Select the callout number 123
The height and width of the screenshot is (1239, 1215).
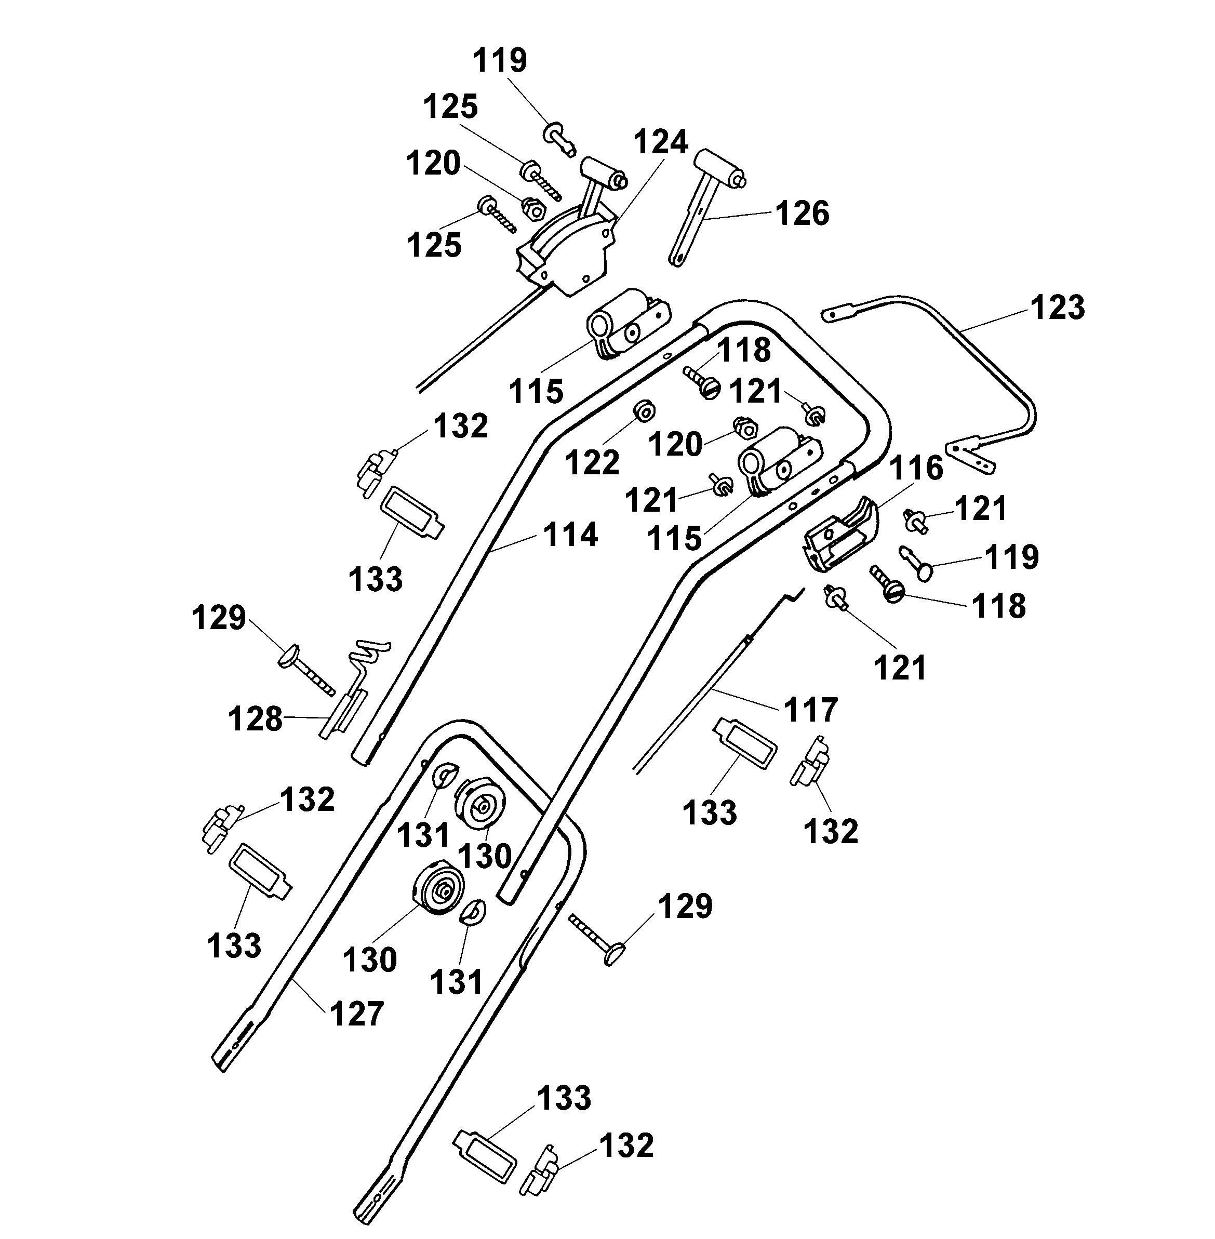[x=1058, y=307]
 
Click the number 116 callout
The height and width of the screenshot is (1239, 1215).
[x=916, y=469]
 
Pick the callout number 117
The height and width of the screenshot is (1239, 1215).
[x=811, y=710]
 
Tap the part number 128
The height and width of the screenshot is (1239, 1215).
[x=255, y=720]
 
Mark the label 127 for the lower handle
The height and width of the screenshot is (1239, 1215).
[x=357, y=1014]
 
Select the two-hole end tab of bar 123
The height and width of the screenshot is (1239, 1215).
[x=970, y=457]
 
